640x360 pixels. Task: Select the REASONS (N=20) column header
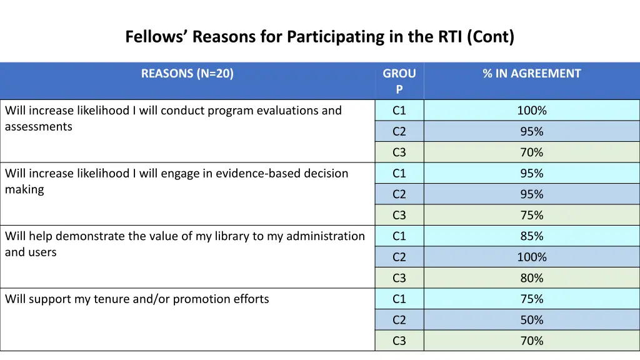[x=187, y=74]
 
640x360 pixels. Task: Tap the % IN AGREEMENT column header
[x=531, y=74]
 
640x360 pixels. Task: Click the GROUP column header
[x=399, y=81]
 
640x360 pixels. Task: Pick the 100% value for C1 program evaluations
[x=531, y=111]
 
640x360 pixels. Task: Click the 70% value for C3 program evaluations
[x=531, y=152]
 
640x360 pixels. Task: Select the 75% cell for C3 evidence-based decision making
[x=531, y=215]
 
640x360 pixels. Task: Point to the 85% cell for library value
[x=531, y=236]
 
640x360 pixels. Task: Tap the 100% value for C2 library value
[x=531, y=257]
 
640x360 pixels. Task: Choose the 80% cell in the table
[x=531, y=278]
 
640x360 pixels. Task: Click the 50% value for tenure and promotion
[x=531, y=320]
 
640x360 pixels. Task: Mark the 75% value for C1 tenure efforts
[x=531, y=299]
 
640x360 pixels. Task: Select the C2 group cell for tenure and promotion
[x=399, y=320]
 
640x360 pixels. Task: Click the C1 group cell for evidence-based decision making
[x=399, y=173]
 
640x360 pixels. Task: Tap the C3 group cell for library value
[x=399, y=278]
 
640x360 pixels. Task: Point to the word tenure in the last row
[x=112, y=299]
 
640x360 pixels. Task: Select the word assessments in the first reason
[x=39, y=127]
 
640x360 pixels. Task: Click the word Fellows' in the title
[x=156, y=37]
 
